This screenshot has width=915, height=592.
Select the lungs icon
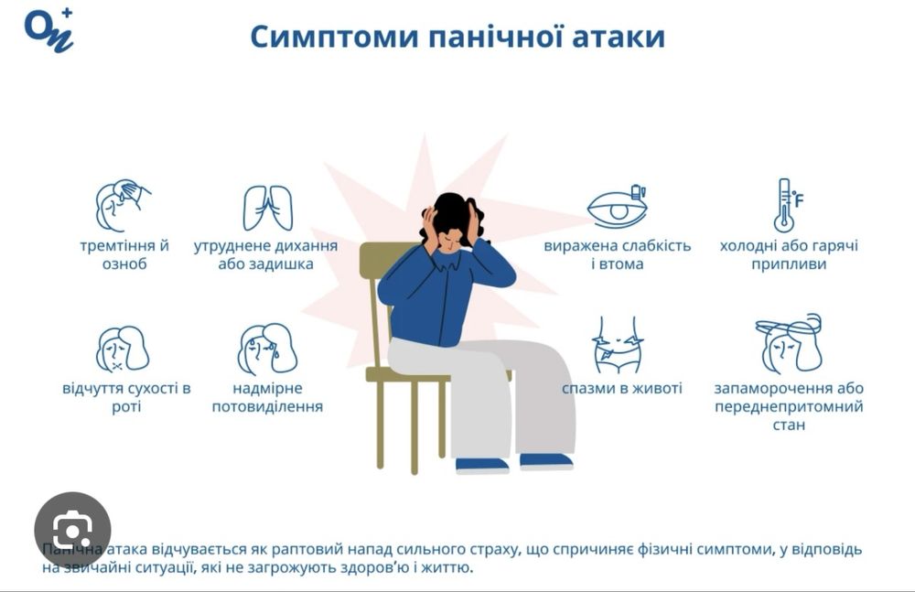click(267, 208)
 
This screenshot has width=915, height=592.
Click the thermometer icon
click(785, 205)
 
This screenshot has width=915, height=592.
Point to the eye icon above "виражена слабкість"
click(618, 207)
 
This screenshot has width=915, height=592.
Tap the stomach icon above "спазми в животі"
click(618, 345)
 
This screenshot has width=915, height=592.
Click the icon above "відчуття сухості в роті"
click(123, 349)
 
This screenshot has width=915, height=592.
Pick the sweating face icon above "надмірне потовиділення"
click(266, 349)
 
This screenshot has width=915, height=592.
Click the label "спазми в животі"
click(622, 388)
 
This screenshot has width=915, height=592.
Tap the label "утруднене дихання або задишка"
click(265, 255)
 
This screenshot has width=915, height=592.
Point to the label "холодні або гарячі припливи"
click(789, 255)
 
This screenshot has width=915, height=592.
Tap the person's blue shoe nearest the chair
click(482, 465)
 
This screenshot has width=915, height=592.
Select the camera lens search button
click(72, 530)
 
